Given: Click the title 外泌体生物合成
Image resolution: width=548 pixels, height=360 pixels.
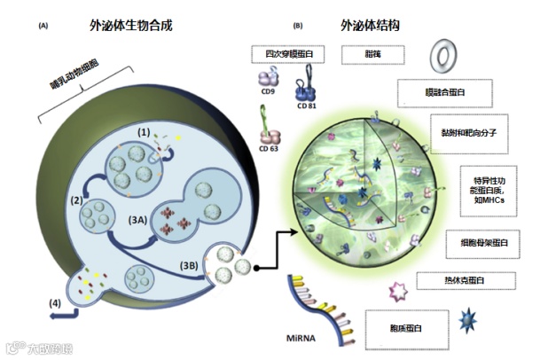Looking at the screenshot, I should coord(130,27).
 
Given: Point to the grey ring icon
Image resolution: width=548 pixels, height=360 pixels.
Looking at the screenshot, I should coord(442,59).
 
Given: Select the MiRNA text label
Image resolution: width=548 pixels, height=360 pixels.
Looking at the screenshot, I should coord(301,338).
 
